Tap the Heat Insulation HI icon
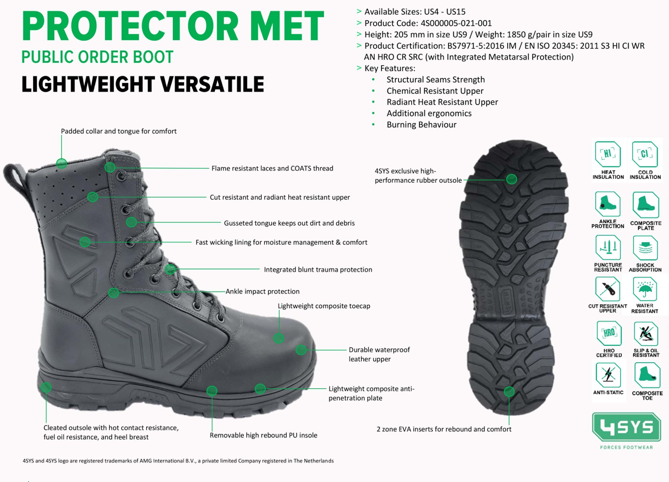[x=608, y=154]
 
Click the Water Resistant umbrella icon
[x=645, y=289]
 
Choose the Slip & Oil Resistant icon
[x=646, y=334]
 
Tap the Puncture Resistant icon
[x=608, y=247]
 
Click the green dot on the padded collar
[x=61, y=163]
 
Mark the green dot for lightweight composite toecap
[x=278, y=338]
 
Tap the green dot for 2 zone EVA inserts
[x=509, y=392]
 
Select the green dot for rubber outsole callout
[x=512, y=179]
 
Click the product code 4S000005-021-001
[x=456, y=23]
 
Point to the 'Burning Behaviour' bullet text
[x=422, y=125]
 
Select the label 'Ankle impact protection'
[x=262, y=291]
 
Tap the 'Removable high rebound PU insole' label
[x=263, y=435]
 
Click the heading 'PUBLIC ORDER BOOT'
[x=97, y=57]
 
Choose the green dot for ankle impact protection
[x=114, y=293]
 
